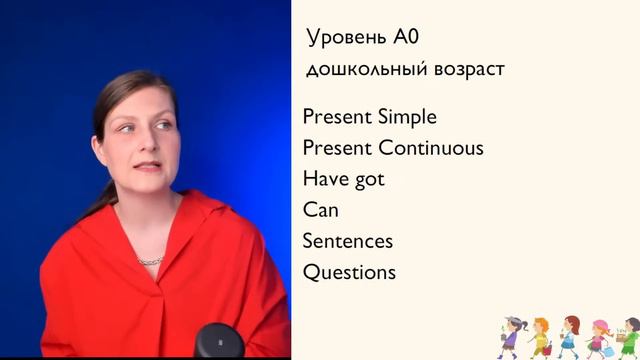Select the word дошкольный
(358, 70)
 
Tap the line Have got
(343, 179)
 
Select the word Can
(320, 210)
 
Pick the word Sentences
(347, 241)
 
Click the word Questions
(349, 272)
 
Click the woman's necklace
(149, 260)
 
